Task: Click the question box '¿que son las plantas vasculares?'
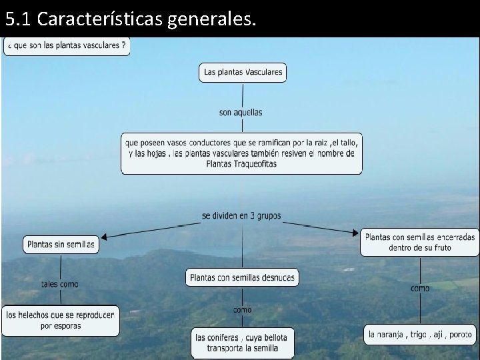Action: point(67,46)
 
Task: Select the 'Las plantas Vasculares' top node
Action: point(243,72)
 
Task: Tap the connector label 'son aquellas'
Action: point(241,112)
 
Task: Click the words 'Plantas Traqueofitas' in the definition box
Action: point(241,163)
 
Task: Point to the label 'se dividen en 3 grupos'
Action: point(241,216)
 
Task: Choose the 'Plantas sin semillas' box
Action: point(61,245)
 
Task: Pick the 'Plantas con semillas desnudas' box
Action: point(242,277)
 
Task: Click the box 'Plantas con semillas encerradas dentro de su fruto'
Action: point(420,242)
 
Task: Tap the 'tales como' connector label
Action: point(60,284)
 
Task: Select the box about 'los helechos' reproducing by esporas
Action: point(61,321)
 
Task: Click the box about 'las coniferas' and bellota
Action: point(242,343)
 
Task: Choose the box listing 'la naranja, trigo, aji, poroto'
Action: point(420,334)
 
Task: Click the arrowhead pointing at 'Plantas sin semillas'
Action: point(106,236)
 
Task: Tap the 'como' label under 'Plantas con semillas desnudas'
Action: point(242,309)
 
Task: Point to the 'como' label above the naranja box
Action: point(420,288)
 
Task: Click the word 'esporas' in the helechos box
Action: point(67,326)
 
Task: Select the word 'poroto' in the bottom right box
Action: point(460,334)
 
